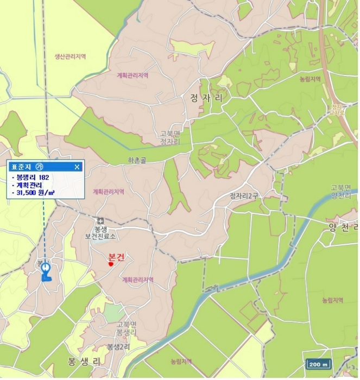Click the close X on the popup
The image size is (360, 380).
(x=77, y=167)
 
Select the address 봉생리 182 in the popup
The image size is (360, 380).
(x=33, y=177)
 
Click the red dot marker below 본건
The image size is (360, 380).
(x=111, y=265)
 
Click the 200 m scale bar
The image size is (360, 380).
(x=318, y=364)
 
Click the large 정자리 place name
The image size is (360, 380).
(x=207, y=98)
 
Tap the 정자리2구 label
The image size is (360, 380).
(x=244, y=196)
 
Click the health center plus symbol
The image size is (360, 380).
(x=100, y=220)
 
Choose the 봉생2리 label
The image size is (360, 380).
(x=118, y=346)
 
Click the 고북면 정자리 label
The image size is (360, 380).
(x=169, y=138)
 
